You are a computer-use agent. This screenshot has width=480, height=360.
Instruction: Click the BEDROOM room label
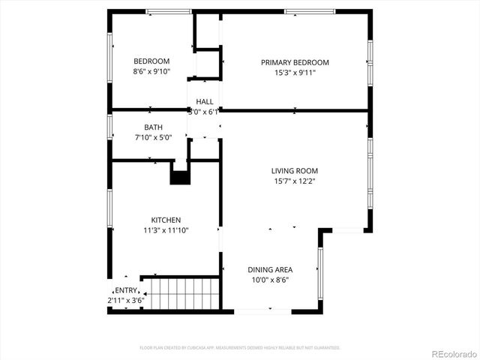151,61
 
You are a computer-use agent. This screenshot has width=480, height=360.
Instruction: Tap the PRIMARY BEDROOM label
295,62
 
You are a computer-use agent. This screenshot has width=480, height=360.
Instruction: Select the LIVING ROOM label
294,171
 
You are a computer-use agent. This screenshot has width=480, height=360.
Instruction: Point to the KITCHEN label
166,220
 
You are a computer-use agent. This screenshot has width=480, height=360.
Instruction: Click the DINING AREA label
270,269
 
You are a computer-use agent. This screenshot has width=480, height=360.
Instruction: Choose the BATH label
153,127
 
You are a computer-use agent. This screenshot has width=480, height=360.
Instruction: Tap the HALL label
205,101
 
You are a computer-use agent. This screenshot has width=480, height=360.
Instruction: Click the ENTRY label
125,290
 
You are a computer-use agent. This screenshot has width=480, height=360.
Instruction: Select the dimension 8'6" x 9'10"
151,72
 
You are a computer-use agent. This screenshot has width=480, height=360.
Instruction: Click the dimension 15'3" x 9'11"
295,73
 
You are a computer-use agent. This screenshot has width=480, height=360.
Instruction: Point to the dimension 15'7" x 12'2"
294,181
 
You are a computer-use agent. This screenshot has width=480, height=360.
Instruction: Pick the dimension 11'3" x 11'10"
166,230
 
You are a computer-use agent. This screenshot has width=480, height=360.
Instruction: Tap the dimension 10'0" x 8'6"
270,280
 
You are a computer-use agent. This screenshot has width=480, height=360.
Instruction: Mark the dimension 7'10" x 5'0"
153,138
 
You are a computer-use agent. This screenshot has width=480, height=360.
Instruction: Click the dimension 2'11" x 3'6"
125,300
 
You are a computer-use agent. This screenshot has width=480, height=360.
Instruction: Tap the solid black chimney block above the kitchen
180,178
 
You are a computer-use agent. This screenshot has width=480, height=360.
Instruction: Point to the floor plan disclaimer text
240,348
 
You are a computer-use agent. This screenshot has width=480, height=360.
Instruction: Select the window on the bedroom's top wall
168,10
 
